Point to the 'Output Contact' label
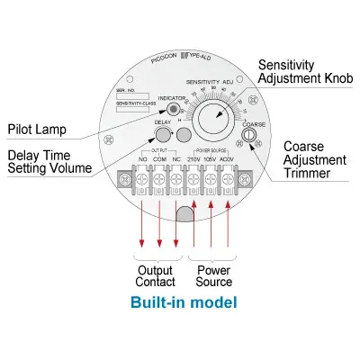coord(155,276)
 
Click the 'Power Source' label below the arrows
coord(212,276)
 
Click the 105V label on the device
coord(211,160)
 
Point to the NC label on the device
coord(175,160)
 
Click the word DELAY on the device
coord(163,122)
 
